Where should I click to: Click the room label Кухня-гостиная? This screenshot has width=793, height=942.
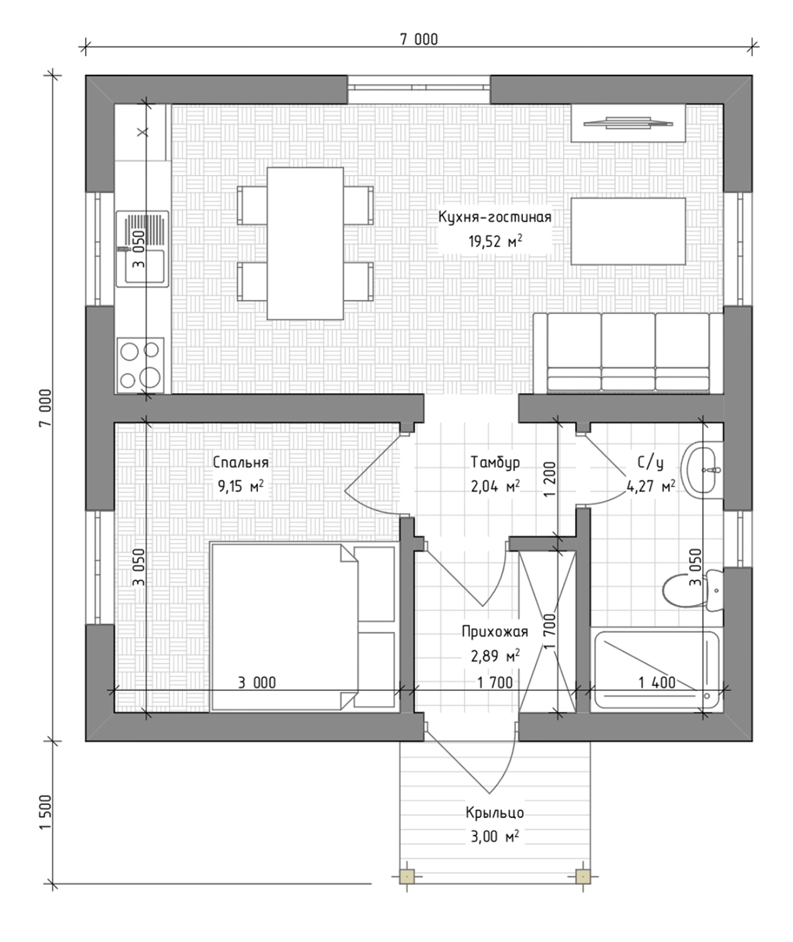495,217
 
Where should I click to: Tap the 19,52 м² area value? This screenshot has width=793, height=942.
495,241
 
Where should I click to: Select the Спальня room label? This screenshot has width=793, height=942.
240,462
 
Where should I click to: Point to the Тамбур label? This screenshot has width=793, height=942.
495,462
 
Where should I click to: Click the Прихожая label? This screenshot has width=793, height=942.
495,631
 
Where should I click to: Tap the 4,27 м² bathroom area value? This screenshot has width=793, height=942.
651,486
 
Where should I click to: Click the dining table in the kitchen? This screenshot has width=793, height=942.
305,243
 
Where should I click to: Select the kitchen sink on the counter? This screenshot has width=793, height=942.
143,248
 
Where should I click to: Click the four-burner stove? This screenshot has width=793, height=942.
140,365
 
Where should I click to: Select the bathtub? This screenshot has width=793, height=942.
657,670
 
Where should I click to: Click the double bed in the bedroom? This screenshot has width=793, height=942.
303,627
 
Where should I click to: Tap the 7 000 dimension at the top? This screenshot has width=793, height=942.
419,40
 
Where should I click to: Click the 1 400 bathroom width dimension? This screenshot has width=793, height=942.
657,682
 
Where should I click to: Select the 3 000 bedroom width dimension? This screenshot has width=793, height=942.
257,682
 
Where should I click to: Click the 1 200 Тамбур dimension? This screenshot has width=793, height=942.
549,479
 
